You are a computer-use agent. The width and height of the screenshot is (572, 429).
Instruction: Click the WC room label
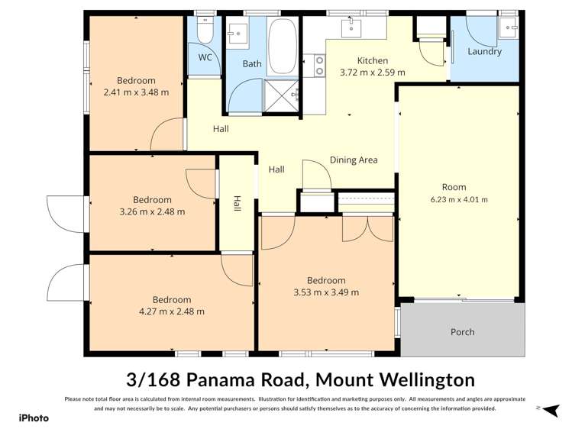click(x=205, y=57)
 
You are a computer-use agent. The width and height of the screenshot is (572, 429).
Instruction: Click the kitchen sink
click(x=351, y=28)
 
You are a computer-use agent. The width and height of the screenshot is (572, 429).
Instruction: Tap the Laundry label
click(x=485, y=52)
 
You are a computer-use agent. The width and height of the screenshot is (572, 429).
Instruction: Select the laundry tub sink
click(x=508, y=28)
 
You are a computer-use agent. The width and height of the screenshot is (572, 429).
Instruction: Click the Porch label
click(x=462, y=332)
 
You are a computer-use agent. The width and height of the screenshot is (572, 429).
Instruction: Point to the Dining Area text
click(x=354, y=160)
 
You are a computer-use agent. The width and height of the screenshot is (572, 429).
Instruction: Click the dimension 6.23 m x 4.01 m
click(x=460, y=199)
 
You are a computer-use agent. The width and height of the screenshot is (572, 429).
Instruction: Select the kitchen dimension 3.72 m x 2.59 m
click(x=372, y=73)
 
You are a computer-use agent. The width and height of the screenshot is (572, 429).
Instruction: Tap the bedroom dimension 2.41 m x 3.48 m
click(x=136, y=92)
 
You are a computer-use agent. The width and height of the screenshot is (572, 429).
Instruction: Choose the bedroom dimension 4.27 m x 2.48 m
click(x=171, y=311)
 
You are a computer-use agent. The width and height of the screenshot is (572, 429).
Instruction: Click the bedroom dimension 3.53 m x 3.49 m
click(x=326, y=292)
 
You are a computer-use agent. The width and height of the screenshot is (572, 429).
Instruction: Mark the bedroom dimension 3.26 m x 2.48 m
click(x=153, y=211)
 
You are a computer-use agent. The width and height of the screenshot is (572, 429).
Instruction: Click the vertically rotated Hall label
click(x=237, y=205)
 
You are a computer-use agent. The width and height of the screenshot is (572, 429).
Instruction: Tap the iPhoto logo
click(x=34, y=418)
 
